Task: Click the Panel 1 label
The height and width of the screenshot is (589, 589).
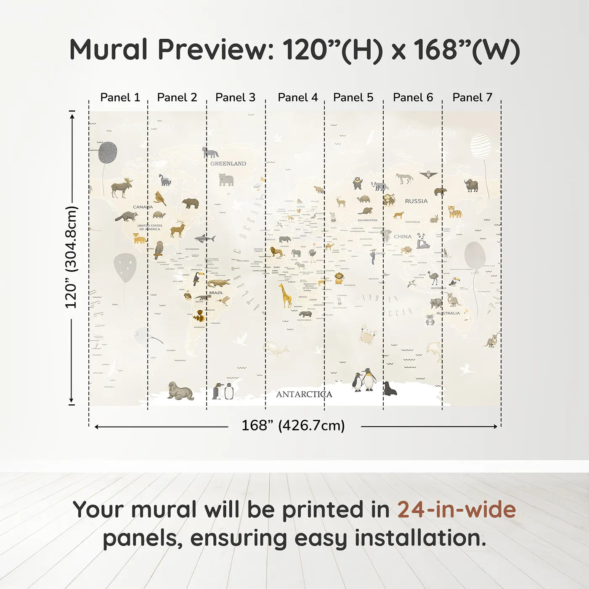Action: point(120,98)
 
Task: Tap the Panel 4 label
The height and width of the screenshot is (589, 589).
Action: point(297,98)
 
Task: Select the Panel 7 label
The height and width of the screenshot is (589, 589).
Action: point(472,98)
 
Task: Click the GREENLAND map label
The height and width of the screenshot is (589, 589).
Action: point(228,164)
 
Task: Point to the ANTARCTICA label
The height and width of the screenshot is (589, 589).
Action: point(304,394)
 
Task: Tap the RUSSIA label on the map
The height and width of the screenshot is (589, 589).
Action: point(416,201)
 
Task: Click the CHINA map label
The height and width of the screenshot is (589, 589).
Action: point(403,236)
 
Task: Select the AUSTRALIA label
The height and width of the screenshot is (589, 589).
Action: point(448,313)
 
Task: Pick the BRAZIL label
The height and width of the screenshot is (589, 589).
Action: point(216,293)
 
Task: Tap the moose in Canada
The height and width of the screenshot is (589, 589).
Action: point(122,187)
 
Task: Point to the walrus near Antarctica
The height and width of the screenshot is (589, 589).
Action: point(180,391)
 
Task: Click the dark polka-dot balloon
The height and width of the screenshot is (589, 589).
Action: point(108,152)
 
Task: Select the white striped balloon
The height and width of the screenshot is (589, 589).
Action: point(480,146)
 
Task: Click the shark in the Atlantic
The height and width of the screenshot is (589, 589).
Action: point(205,239)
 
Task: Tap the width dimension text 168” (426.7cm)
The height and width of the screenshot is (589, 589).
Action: point(293,426)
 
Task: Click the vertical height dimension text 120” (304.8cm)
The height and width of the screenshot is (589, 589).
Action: point(71,257)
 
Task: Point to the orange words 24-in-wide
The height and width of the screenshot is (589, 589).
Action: point(456,510)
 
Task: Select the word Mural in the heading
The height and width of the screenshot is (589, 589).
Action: point(108,50)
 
